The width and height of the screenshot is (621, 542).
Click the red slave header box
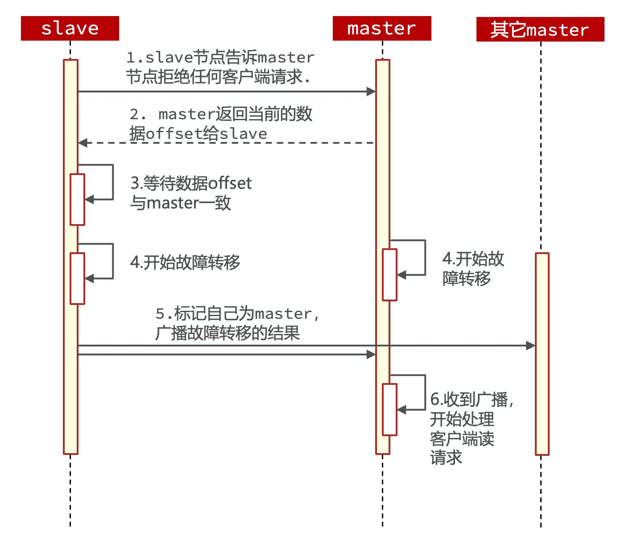(x=70, y=29)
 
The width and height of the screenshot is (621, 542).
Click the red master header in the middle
(x=382, y=29)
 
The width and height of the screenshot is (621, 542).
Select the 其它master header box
(x=540, y=29)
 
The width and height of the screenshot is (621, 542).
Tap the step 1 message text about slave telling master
(x=219, y=67)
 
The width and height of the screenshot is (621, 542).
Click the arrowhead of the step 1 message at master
(x=371, y=92)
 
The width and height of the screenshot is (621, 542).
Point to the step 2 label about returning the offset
(x=220, y=124)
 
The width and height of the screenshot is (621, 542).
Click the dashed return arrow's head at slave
(x=83, y=143)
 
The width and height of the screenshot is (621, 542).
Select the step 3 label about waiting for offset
(x=190, y=193)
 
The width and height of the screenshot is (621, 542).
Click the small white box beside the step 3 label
(x=77, y=199)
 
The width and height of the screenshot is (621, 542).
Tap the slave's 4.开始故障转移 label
(x=185, y=262)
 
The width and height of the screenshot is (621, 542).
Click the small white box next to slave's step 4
(x=77, y=278)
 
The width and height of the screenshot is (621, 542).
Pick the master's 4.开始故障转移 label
(x=473, y=268)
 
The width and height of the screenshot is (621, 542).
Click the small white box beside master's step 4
(x=389, y=275)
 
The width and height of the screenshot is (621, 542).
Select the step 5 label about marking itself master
(x=237, y=323)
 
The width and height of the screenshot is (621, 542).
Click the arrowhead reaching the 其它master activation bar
(x=531, y=346)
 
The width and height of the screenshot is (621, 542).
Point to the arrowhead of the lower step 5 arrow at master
(x=371, y=354)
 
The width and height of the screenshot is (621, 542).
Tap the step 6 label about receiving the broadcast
(x=471, y=428)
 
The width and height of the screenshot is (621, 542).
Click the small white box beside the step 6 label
(x=389, y=409)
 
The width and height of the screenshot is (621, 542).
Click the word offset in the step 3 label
(x=229, y=183)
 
